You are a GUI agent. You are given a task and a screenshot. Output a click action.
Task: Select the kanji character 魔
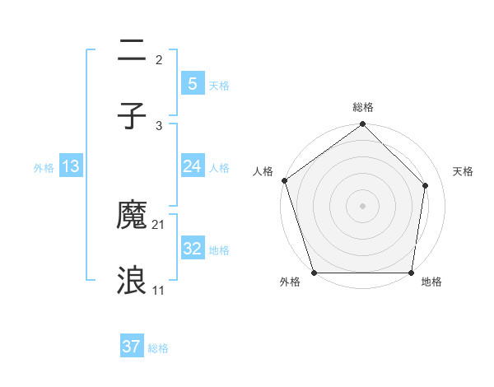(132, 216)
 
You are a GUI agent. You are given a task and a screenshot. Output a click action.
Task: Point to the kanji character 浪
(132, 282)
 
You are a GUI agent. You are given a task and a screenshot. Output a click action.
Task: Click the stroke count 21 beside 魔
(159, 225)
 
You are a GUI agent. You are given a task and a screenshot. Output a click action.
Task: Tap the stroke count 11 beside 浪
(159, 291)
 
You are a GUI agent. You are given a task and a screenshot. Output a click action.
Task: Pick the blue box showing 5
(193, 83)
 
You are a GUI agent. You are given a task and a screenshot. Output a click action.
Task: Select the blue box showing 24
(193, 166)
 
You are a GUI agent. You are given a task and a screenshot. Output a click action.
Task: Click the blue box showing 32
(193, 249)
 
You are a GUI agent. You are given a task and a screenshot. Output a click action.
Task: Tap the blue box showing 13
(71, 166)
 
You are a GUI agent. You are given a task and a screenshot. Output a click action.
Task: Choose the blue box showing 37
(132, 347)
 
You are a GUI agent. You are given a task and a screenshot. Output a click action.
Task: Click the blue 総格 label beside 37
(158, 348)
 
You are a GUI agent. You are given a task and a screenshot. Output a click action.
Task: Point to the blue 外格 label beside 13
(44, 167)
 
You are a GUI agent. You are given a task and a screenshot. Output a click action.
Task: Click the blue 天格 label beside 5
(219, 85)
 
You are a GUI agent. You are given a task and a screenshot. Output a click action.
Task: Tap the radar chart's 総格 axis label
(363, 107)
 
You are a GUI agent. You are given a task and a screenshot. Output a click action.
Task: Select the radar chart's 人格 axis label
(263, 171)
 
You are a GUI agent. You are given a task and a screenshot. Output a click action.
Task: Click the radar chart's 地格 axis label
(431, 282)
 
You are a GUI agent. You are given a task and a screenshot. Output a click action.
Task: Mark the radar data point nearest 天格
(426, 185)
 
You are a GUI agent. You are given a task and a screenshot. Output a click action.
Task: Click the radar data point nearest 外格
(314, 273)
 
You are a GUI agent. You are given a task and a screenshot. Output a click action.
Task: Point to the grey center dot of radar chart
(363, 205)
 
